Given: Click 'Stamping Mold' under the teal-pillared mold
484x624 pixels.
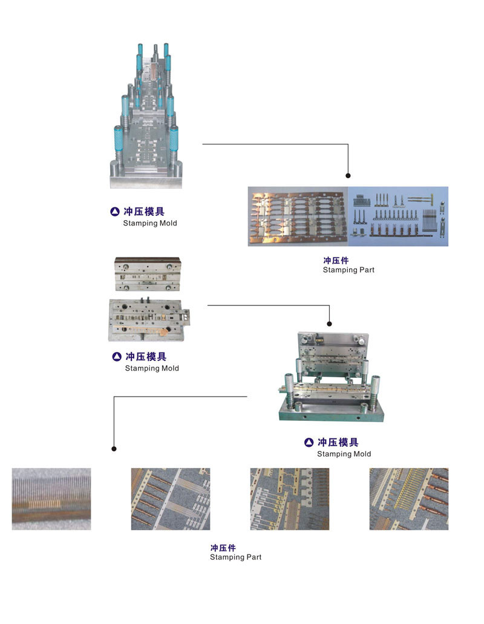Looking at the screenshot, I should pos(150,223).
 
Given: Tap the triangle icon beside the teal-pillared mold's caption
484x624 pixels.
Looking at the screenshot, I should pos(115,212).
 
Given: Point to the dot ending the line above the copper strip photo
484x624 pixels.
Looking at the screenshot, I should pos(348,175).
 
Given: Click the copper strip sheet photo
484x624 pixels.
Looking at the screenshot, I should pos(298,216).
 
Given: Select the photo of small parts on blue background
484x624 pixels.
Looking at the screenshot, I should pos(398,216).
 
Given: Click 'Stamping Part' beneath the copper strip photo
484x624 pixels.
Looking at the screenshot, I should pos(348,270).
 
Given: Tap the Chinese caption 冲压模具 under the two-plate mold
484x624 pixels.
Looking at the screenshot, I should pos(146,357).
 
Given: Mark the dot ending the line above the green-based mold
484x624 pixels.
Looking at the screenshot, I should pos(329,323).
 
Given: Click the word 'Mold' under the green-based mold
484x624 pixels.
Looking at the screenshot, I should pos(361,453).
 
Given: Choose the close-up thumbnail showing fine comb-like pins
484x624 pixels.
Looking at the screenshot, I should pos(51,499).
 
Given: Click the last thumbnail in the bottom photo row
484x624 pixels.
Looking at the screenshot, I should pos(409,499).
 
